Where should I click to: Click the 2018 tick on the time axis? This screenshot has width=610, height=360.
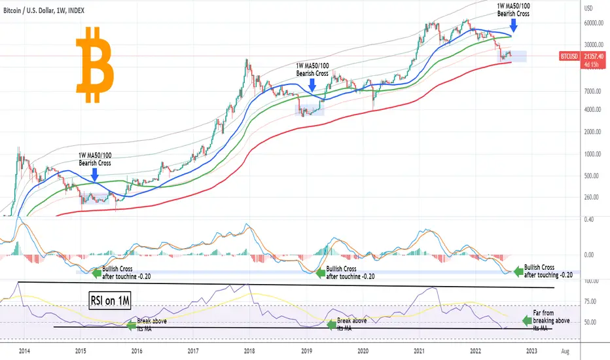pyautogui.click(x=249, y=351)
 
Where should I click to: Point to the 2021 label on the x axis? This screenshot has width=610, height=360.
pyautogui.click(x=419, y=351)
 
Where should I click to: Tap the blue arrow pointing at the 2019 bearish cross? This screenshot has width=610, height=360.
pyautogui.click(x=312, y=86)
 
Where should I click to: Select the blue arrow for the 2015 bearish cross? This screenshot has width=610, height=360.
pyautogui.click(x=96, y=174)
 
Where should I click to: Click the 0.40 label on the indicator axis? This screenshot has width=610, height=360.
pyautogui.click(x=588, y=219)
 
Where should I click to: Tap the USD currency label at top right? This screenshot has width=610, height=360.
pyautogui.click(x=587, y=9)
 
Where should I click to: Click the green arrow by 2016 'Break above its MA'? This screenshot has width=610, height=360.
pyautogui.click(x=131, y=325)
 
